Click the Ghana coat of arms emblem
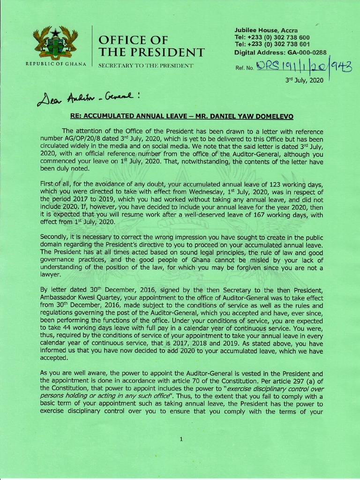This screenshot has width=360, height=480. point(55,43)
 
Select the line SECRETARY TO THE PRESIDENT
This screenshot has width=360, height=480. point(145,65)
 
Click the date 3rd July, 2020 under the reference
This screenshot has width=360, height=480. point(305,80)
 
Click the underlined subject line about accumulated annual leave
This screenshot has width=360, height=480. point(180,116)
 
